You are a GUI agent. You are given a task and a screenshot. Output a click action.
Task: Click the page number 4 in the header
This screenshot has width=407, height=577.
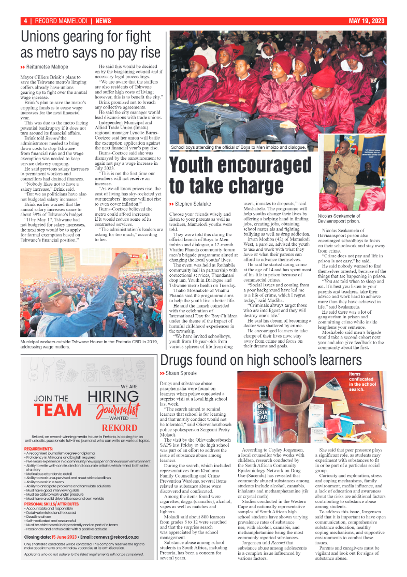[25, 21]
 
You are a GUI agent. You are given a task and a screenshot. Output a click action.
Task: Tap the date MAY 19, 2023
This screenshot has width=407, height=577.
[367, 21]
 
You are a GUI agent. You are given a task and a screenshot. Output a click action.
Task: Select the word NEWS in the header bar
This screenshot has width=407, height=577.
[103, 21]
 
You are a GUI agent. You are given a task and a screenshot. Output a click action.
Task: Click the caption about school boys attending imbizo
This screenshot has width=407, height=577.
[238, 148]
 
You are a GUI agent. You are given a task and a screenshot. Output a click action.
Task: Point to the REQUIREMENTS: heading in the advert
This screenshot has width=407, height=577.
[38, 449]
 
